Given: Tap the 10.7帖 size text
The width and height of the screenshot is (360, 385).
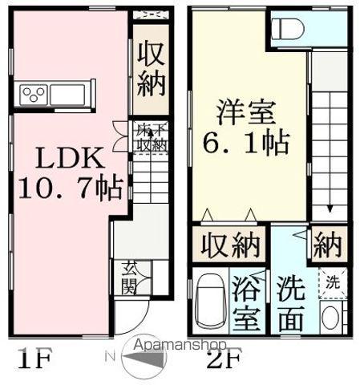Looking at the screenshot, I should tap(70, 188).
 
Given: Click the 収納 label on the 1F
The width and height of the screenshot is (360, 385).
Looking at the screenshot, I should tap(150, 68).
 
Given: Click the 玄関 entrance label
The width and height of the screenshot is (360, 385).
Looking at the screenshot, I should tap(128, 278).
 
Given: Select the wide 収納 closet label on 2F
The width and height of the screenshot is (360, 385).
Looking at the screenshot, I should tap(230, 245).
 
